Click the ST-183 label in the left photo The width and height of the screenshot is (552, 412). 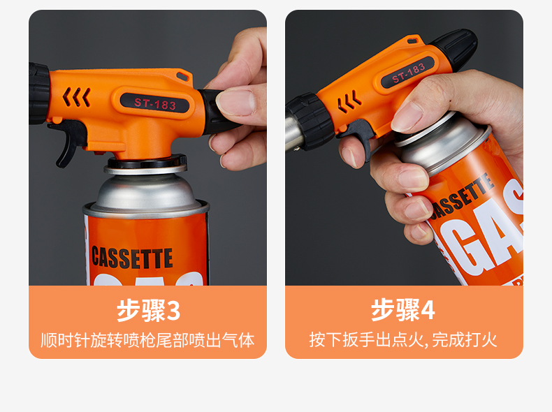[x=155, y=103]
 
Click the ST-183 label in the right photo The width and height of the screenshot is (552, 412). [x=408, y=73]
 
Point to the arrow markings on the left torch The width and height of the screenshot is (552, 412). [x=76, y=97]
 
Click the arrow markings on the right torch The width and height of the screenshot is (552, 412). [x=349, y=102]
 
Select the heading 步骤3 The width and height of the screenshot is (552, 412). [x=149, y=310]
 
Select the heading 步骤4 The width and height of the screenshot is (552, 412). [x=403, y=309]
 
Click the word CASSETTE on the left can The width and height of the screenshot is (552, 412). [x=132, y=258]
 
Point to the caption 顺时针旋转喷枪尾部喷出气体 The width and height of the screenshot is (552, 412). [x=147, y=340]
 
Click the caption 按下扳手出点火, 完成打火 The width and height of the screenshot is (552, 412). [x=403, y=340]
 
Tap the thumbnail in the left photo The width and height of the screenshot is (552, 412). [x=235, y=103]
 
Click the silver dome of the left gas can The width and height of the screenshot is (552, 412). [x=145, y=192]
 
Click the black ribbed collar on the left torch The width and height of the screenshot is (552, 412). [x=38, y=94]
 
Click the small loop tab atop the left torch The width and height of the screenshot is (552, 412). [x=184, y=75]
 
